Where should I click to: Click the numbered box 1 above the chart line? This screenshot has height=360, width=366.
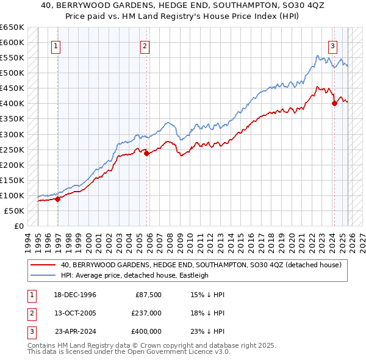point(56,45)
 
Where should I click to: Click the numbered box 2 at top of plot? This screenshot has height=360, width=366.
point(145,45)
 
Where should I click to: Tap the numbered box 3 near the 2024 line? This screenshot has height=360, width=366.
point(332,45)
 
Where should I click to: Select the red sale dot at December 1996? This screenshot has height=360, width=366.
point(58,198)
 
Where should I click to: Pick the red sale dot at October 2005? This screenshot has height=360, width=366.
point(147,153)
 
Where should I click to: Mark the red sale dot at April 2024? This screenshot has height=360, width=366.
point(334,103)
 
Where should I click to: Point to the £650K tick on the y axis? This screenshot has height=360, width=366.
point(12,27)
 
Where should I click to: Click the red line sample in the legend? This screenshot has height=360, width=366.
point(44,265)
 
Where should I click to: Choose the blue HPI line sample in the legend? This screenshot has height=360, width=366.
point(44,275)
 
